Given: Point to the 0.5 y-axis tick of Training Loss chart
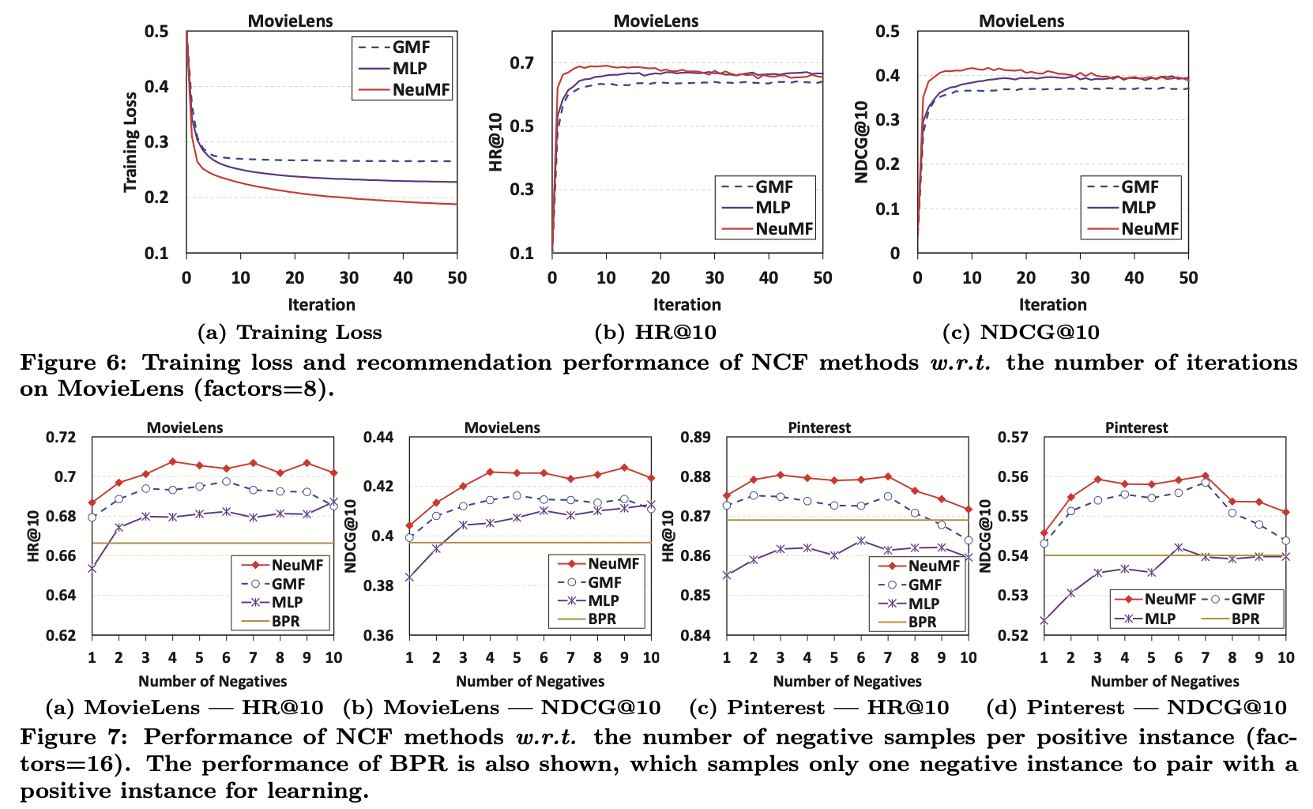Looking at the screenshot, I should tap(156, 32).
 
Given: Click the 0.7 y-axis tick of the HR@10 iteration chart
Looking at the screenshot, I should tap(521, 62).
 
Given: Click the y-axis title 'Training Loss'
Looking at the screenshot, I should tap(130, 142).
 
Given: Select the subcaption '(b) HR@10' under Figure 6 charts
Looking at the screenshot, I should tap(655, 333).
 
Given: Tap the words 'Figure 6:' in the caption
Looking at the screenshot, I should tap(72, 363).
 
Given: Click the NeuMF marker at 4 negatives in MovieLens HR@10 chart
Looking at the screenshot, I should tap(172, 461).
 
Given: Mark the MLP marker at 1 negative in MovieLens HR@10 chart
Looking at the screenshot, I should tap(92, 568).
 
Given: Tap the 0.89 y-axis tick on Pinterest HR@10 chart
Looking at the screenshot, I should tap(697, 438).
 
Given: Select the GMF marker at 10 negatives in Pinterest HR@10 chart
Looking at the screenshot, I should tap(968, 540).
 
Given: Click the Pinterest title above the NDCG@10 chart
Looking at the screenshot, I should tap(1136, 428).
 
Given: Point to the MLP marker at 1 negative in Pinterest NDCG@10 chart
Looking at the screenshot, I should tap(1044, 621).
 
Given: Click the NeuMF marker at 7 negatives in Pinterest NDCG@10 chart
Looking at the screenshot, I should tap(1205, 476).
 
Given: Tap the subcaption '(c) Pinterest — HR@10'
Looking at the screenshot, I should tap(819, 708).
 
